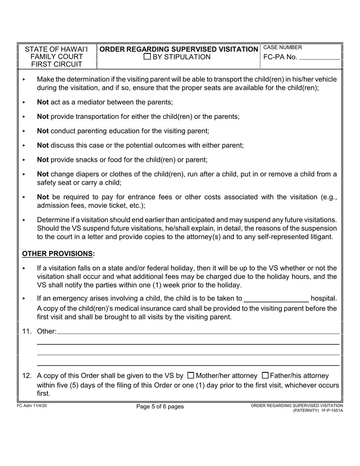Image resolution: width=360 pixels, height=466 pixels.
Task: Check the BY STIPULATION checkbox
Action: pos(147,57)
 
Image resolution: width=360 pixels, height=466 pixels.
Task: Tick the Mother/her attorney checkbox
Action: pos(191,375)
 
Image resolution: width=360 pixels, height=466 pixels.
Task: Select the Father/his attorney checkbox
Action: pos(265,375)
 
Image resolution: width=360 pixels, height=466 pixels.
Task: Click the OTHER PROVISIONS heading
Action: pos(58,253)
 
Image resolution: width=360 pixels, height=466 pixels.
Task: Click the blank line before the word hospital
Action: pos(276,299)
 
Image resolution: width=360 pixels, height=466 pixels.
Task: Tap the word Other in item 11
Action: pos(46,332)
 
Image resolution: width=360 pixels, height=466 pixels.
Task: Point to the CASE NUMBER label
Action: pos(283,47)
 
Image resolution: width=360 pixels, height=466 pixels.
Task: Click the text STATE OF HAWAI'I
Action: pos(56,49)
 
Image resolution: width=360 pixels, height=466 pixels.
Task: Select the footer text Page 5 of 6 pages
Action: pos(160,407)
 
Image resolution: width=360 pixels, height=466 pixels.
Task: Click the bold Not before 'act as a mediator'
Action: pos(43,102)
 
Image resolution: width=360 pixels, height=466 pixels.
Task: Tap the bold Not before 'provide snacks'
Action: pos(43,160)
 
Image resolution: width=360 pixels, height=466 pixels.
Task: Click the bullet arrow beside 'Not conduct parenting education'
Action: pos(24,131)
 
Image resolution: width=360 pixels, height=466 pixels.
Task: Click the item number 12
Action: pos(27,376)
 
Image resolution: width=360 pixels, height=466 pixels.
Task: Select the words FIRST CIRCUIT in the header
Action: pos(56,64)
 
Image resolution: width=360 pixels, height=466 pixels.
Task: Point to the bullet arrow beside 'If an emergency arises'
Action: pos(24,299)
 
